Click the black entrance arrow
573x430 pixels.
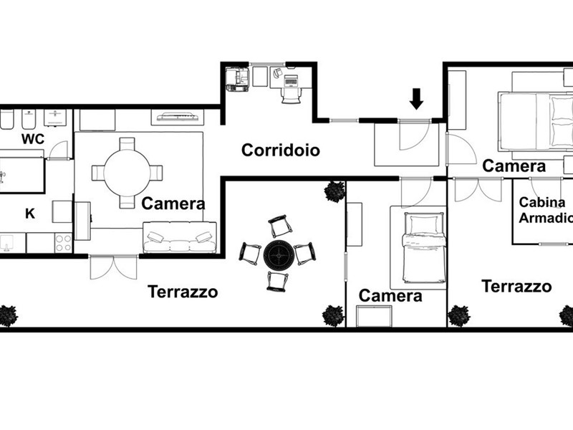[416, 99]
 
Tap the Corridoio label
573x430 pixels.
[281, 150]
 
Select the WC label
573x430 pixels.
[33, 139]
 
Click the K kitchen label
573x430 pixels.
[30, 214]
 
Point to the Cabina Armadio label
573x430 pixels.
[546, 210]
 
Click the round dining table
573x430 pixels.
[127, 173]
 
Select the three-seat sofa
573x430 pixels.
[180, 237]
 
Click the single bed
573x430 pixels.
[424, 248]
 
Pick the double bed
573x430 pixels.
[536, 121]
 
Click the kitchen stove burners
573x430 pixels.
[64, 243]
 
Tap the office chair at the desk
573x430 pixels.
[292, 95]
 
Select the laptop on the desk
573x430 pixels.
[291, 80]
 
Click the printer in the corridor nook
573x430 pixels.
[238, 79]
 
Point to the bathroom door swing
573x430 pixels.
[58, 150]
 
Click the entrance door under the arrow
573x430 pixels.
[414, 135]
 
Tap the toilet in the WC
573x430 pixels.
[6, 119]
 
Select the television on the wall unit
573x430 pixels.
[178, 118]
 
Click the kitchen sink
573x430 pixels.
[6, 243]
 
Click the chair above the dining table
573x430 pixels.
[127, 144]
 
